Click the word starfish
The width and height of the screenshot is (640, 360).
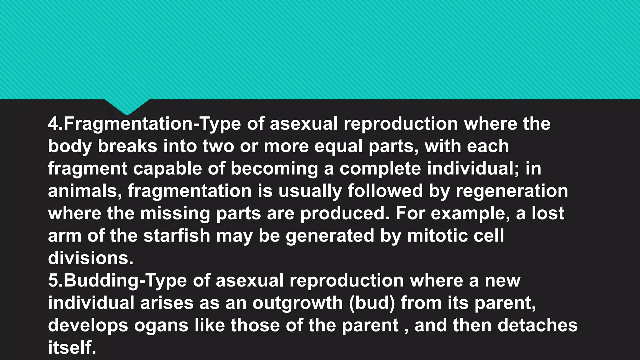pyautogui.click(x=177, y=236)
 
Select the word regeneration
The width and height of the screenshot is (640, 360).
pyautogui.click(x=512, y=191)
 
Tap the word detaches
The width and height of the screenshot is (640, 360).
pyautogui.click(x=537, y=325)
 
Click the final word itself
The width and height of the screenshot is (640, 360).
pyautogui.click(x=72, y=348)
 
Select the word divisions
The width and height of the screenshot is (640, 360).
pyautogui.click(x=91, y=258)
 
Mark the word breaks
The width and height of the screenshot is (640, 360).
pyautogui.click(x=127, y=146)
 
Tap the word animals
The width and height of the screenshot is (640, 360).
pyautogui.click(x=85, y=191)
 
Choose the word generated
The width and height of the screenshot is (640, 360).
pyautogui.click(x=330, y=236)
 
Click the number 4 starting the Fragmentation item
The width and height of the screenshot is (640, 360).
pyautogui.click(x=53, y=124)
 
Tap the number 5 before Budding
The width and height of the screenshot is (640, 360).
pyautogui.click(x=53, y=281)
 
